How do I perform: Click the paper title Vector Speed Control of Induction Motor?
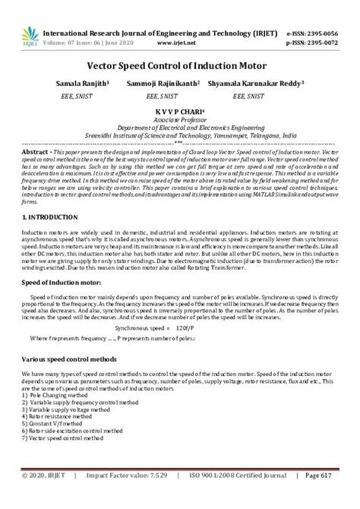pos(179,66)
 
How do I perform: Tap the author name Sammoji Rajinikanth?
pos(165,83)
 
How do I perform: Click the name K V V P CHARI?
pos(179,112)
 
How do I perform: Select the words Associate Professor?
pos(179,119)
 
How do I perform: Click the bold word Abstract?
pos(36,151)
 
